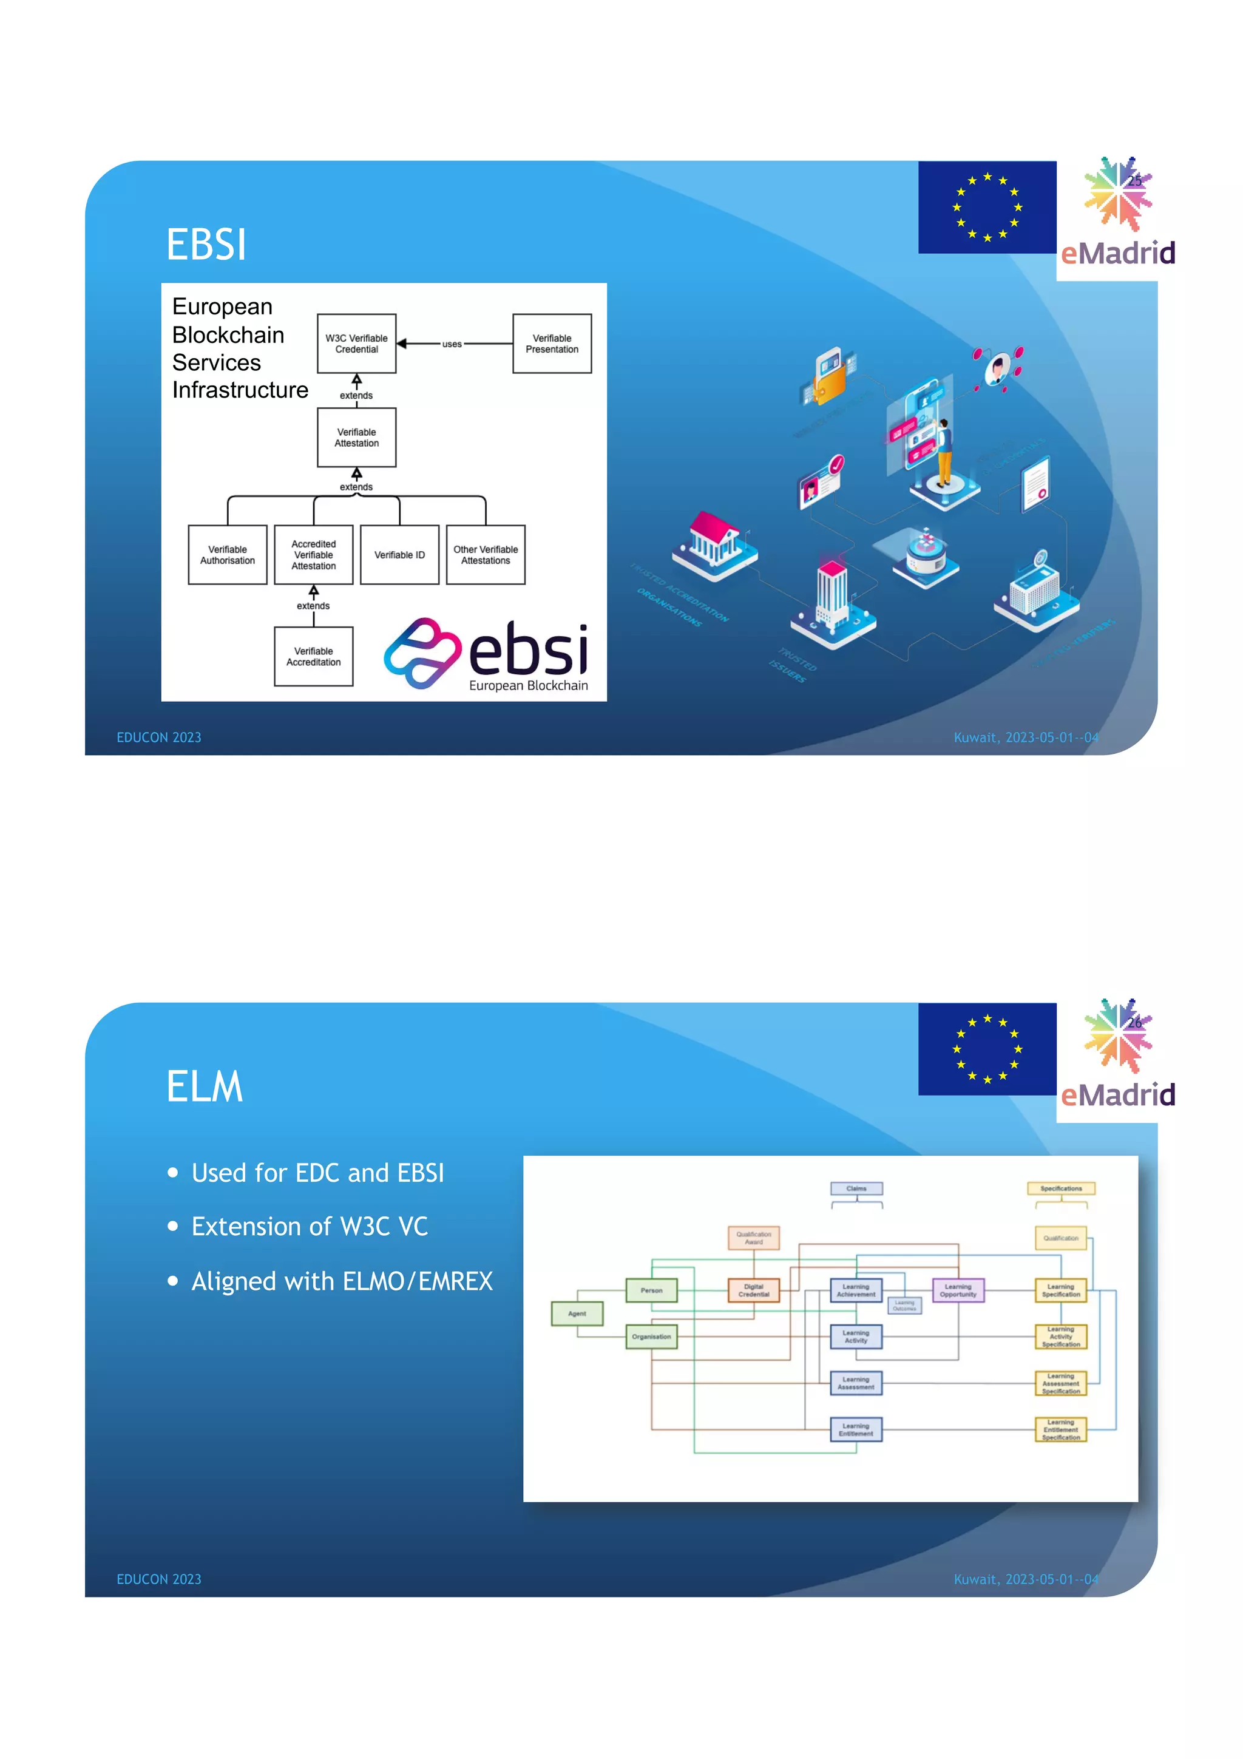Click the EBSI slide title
(206, 245)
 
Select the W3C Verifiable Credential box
(356, 343)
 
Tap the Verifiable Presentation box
(552, 343)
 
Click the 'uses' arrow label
(452, 344)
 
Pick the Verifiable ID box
(399, 555)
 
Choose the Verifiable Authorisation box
(228, 555)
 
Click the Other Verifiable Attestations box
(485, 555)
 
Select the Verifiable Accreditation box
(313, 657)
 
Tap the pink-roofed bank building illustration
(714, 541)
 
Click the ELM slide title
(205, 1086)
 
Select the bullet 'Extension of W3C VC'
(310, 1226)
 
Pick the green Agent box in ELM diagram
(577, 1313)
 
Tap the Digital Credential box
(754, 1290)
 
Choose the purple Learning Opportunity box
(957, 1290)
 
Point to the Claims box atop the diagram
(856, 1188)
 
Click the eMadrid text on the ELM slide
(1117, 1094)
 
